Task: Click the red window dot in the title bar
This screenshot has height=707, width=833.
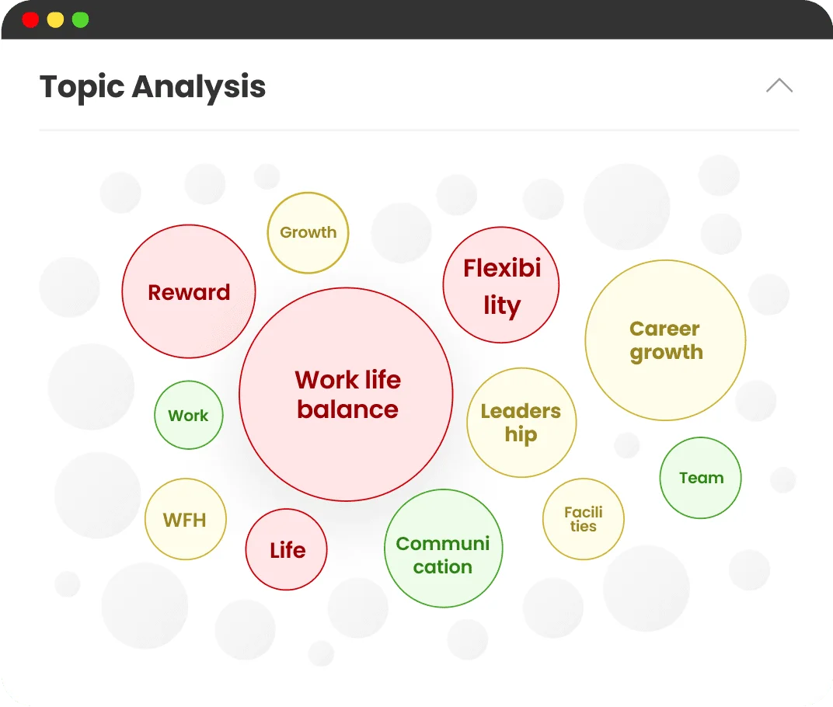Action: coord(30,19)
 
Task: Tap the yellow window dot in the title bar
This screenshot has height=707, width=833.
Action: coord(55,19)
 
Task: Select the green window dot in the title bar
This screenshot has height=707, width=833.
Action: coord(80,19)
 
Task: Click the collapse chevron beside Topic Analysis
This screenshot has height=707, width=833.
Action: coord(779,85)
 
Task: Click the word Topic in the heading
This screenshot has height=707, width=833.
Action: coord(82,87)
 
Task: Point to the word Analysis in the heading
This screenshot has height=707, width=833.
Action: coord(199,86)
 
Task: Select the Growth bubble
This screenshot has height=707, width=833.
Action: coord(308,232)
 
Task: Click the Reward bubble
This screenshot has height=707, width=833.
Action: coord(189,291)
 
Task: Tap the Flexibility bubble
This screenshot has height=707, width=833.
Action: coord(501,284)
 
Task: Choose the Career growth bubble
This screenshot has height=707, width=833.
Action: coord(665,340)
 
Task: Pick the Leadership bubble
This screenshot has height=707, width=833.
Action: coord(521,423)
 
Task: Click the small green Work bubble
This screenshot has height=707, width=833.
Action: coord(189,415)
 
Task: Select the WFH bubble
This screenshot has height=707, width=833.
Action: coord(186,519)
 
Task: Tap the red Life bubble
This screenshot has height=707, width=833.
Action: coord(286,549)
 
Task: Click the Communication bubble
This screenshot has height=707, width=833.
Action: coord(444,549)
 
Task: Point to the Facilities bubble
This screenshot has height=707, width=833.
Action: coord(584,519)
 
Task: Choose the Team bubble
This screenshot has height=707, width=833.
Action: coord(700,478)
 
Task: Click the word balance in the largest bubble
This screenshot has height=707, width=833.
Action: coord(347,409)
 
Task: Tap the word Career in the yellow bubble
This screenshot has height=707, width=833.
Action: coord(664,329)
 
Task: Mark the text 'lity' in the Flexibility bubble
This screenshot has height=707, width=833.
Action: coord(502,306)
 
